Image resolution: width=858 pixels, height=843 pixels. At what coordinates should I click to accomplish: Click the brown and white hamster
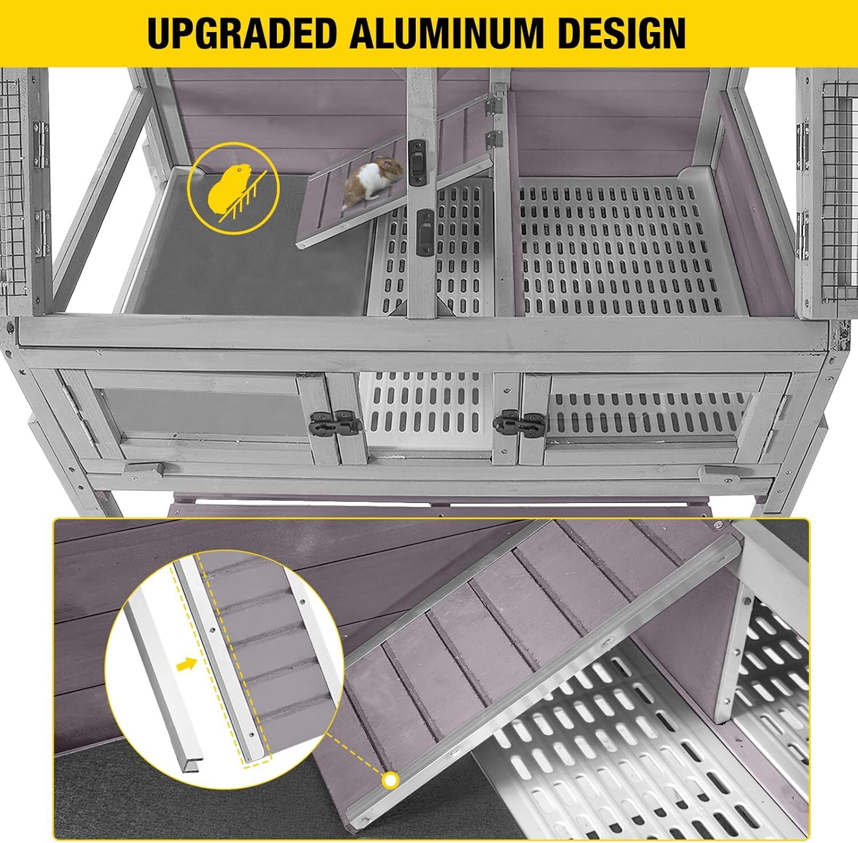[x=374, y=182]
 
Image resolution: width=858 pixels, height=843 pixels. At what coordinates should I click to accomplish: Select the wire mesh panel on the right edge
[x=840, y=189]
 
